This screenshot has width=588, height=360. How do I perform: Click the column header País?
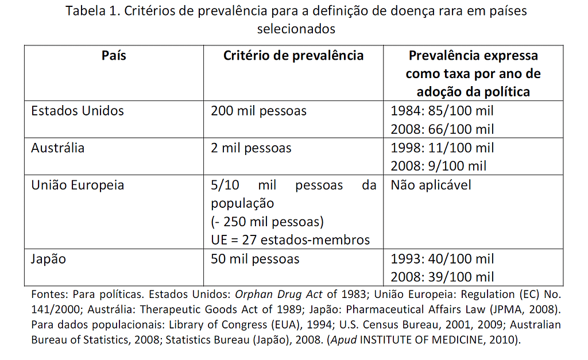pos(114,56)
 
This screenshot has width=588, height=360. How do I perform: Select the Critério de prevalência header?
pos(293,56)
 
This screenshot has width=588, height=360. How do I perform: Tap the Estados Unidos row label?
pos(78,110)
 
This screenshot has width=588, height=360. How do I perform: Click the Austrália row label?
pos(57,148)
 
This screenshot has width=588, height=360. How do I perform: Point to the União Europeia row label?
pos(78,185)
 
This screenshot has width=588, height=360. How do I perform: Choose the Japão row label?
pos(48,258)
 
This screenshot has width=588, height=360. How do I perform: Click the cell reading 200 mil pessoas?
pos(258,111)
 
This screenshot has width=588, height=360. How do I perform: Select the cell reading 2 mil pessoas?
pos(251,148)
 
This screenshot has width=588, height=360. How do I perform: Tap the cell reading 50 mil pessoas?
pos(255,259)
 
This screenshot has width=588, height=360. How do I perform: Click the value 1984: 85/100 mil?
pos(442,111)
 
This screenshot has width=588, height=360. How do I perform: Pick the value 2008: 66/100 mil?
pos(442,129)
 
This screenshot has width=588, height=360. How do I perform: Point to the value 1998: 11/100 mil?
pos(442,148)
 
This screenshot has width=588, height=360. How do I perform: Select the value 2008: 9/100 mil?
pos(438,166)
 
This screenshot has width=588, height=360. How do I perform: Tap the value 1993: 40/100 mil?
pos(442,259)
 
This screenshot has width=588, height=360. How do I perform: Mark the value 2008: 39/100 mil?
pos(442,277)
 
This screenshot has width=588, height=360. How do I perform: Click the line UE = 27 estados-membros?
pos(290,239)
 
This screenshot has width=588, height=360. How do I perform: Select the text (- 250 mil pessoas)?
pos(267,222)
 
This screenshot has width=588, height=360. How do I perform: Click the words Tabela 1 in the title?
pos(91,11)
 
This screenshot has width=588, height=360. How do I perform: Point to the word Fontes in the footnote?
pos(48,295)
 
